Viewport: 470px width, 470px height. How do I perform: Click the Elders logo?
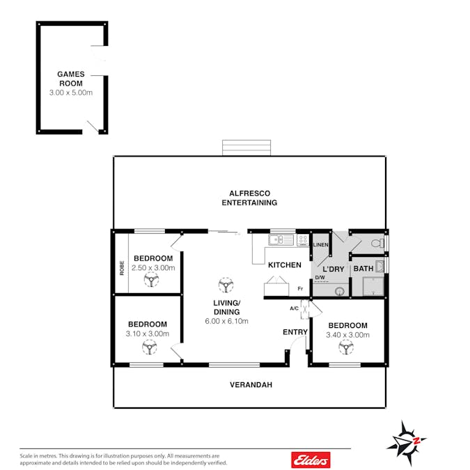pyautogui.click(x=311, y=460)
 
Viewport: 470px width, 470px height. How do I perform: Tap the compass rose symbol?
pyautogui.click(x=406, y=443)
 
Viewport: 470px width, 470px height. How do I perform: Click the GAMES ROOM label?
pyautogui.click(x=71, y=79)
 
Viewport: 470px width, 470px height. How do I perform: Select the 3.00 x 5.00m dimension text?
pyautogui.click(x=71, y=93)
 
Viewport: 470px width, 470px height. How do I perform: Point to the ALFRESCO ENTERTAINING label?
pyautogui.click(x=249, y=198)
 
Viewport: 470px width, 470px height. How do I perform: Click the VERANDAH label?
pyautogui.click(x=251, y=384)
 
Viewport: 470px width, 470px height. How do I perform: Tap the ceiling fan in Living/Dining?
pyautogui.click(x=226, y=285)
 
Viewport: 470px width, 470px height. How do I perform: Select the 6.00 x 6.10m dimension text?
pyautogui.click(x=226, y=321)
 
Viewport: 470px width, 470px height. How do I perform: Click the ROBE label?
pyautogui.click(x=122, y=267)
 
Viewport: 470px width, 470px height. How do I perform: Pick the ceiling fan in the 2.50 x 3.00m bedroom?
pyautogui.click(x=151, y=280)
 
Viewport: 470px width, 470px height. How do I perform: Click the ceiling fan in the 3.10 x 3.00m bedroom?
pyautogui.click(x=150, y=347)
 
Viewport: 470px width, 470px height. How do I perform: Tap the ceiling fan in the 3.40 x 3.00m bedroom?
pyautogui.click(x=346, y=347)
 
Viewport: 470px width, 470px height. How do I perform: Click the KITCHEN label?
pyautogui.click(x=285, y=265)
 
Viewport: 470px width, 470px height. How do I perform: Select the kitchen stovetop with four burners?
pyautogui.click(x=303, y=240)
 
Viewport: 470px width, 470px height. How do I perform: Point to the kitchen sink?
pyautogui.click(x=281, y=240)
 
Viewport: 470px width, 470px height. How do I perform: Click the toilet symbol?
pyautogui.click(x=377, y=243)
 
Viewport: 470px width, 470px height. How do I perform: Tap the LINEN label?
pyautogui.click(x=321, y=244)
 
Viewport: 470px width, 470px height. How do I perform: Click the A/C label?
pyautogui.click(x=294, y=308)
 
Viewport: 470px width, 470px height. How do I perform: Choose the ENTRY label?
pyautogui.click(x=295, y=332)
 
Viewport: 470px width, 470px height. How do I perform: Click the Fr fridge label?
pyautogui.click(x=300, y=289)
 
